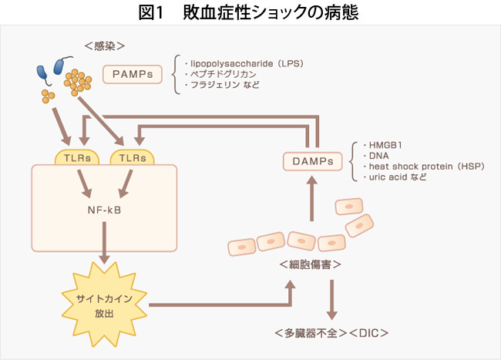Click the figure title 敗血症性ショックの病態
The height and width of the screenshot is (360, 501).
250,12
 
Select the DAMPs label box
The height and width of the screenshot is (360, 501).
312,161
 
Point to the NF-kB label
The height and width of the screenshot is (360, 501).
104,208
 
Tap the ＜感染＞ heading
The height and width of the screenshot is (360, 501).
104,47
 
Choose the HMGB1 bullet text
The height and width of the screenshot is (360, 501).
375,144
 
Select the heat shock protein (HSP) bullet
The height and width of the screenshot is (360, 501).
421,166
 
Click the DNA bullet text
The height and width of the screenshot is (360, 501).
369,155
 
